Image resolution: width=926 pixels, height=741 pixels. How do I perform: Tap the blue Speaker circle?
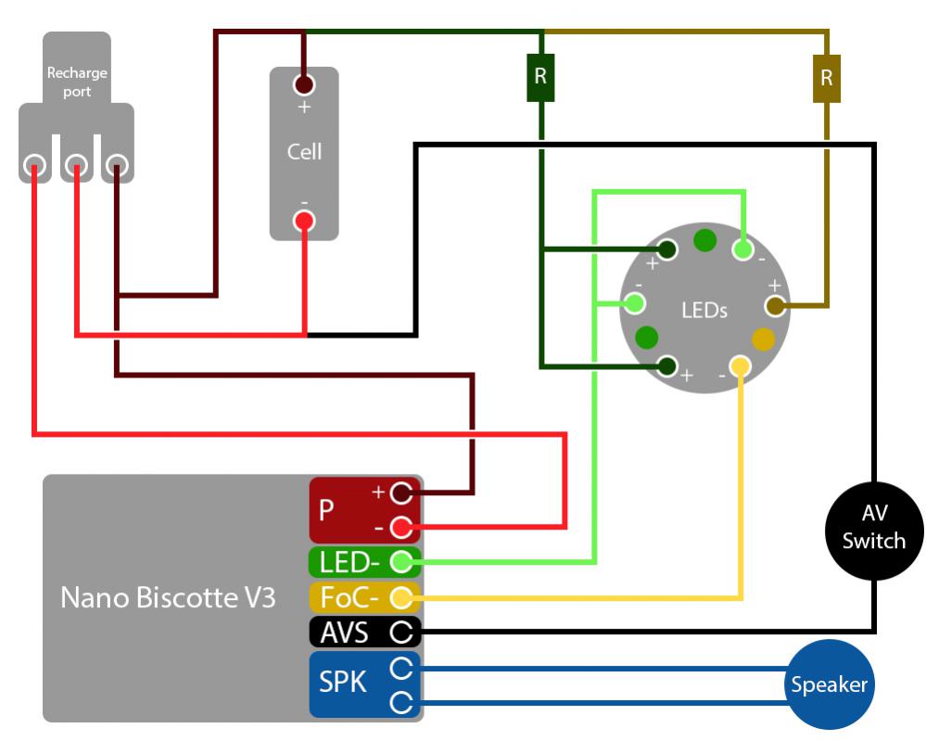click(829, 684)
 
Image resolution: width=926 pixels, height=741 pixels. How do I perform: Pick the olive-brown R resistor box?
click(826, 79)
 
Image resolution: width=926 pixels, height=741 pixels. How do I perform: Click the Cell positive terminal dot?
click(304, 85)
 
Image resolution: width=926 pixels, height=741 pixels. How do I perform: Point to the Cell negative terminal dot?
click(304, 221)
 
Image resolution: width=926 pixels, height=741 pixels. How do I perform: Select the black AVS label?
click(344, 632)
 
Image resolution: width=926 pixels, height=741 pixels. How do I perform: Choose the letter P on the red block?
click(326, 510)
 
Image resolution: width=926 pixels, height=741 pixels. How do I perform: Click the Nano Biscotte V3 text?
click(168, 597)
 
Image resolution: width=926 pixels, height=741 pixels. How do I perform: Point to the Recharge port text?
click(78, 82)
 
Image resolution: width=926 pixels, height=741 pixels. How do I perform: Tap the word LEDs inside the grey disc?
click(704, 310)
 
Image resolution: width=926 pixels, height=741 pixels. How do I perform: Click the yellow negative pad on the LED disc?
click(740, 366)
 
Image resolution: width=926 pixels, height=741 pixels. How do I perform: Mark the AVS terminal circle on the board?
click(400, 632)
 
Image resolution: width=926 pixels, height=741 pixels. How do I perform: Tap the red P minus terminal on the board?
click(400, 528)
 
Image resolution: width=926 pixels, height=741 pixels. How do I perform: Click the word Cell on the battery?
click(304, 152)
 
